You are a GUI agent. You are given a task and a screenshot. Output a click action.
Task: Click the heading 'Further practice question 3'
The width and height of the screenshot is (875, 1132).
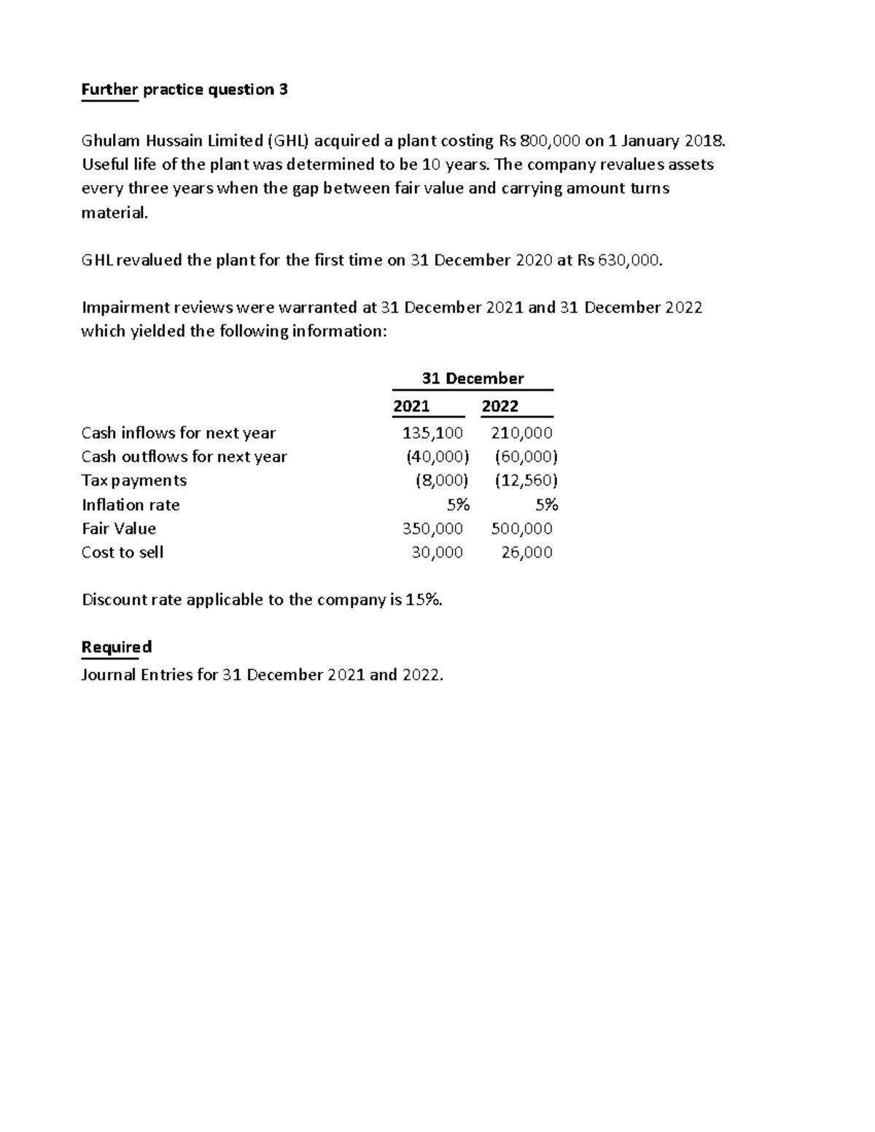click(184, 90)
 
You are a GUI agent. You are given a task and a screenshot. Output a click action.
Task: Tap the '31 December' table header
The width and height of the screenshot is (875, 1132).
click(472, 378)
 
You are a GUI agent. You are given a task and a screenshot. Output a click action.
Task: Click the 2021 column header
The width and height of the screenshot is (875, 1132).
click(411, 406)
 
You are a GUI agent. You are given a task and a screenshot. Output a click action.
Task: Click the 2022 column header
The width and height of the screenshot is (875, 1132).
click(500, 406)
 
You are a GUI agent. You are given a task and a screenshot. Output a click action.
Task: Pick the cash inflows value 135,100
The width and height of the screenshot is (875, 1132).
click(432, 433)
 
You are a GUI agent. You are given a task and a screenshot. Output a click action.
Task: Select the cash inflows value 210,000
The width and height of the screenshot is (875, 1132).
click(521, 433)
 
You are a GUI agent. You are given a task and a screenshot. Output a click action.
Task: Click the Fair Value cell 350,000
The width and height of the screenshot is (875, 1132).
click(432, 528)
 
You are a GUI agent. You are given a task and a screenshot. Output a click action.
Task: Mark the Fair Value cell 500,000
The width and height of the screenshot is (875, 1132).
click(521, 528)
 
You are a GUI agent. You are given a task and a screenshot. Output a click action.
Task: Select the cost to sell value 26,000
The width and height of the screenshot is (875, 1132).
click(526, 553)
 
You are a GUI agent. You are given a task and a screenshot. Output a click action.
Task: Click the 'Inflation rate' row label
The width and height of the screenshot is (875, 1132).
click(131, 505)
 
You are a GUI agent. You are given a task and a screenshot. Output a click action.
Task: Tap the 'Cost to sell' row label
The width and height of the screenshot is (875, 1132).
click(122, 553)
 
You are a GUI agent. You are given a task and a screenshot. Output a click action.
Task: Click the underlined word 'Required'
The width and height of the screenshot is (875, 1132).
click(117, 647)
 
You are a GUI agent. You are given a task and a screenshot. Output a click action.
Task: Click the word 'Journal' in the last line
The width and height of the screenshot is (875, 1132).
click(109, 675)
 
